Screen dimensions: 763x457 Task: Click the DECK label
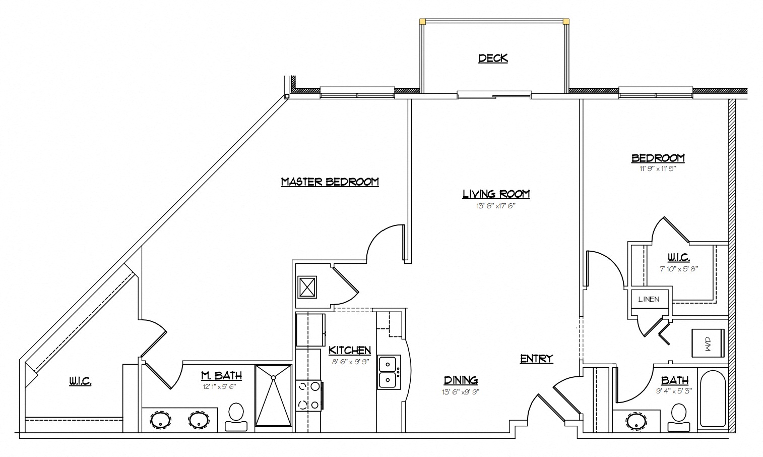[493, 59]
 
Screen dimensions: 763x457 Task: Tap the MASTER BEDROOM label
[330, 182]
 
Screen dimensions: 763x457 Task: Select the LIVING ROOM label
[496, 194]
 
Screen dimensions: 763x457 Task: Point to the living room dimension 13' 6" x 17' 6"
[496, 206]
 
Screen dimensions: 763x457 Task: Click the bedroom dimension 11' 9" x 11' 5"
[657, 168]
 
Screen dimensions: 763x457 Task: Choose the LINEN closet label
[649, 299]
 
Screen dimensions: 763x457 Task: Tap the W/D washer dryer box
[708, 343]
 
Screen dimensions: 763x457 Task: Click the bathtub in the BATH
[713, 399]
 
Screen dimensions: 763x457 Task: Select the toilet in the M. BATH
[236, 417]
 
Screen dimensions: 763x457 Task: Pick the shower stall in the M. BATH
[273, 395]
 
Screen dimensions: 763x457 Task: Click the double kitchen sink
[389, 372]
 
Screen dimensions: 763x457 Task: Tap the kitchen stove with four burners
[308, 395]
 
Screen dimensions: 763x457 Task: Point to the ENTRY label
[537, 359]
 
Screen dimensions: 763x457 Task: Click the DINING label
[461, 380]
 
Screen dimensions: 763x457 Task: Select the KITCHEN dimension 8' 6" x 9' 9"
[350, 362]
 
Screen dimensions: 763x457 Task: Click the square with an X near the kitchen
[307, 287]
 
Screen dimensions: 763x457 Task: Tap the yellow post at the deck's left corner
[423, 22]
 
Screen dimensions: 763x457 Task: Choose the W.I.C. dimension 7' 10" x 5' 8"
[679, 269]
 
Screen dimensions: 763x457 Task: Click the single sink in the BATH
[636, 421]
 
